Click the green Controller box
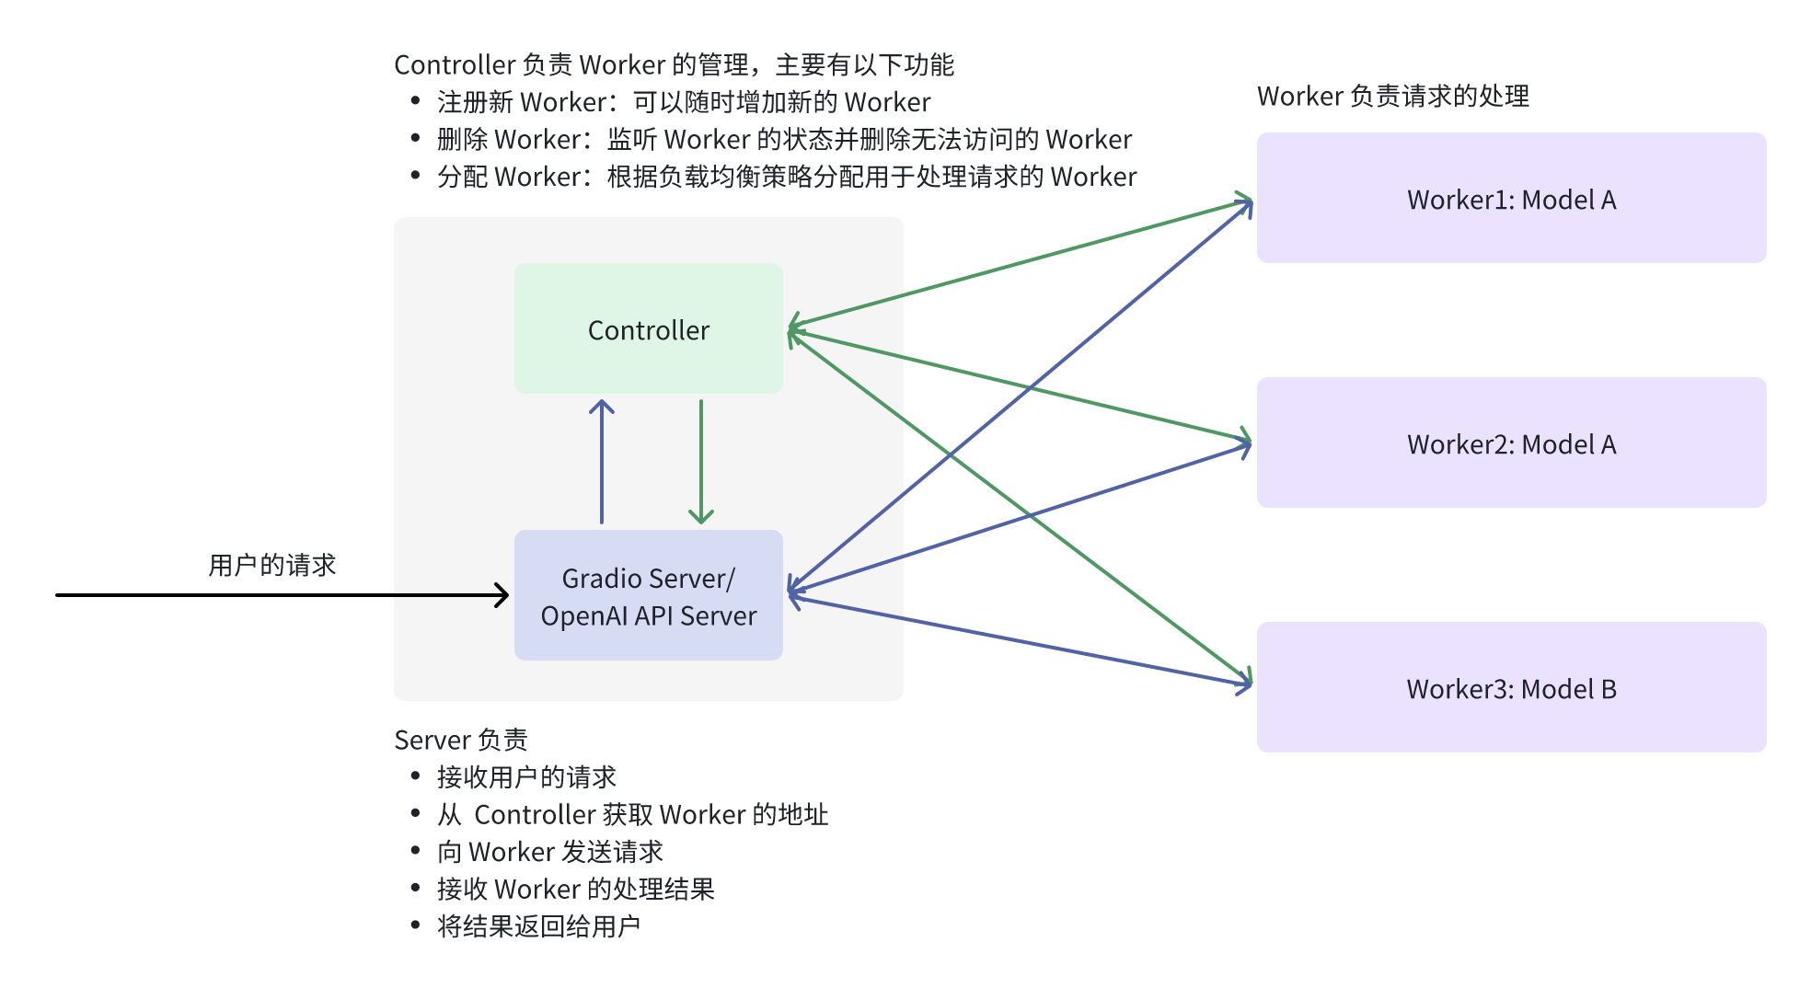tap(648, 328)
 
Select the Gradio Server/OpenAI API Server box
tap(648, 595)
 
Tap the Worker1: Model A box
tap(1511, 199)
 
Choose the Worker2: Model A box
tap(1511, 443)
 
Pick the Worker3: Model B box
tap(1511, 688)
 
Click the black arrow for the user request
tap(276, 595)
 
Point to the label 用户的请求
tap(271, 564)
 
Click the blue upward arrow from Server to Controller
tap(602, 460)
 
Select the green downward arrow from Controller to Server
tap(701, 460)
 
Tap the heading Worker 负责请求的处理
tap(1392, 96)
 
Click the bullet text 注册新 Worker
tap(683, 101)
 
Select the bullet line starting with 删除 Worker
tap(784, 139)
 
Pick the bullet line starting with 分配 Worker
tap(786, 176)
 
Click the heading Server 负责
tap(460, 740)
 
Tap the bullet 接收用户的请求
tap(526, 777)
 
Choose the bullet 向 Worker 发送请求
tap(549, 852)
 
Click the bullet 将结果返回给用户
tap(538, 926)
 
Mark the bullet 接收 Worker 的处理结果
tap(575, 889)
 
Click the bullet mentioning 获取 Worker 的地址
tap(632, 814)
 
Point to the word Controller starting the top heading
tap(454, 64)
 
